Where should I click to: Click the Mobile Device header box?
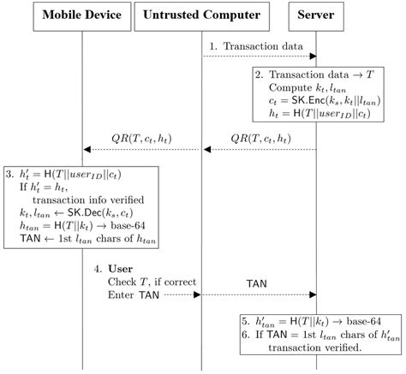click(x=82, y=15)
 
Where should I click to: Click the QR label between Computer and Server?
click(x=260, y=138)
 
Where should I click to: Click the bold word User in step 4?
click(x=121, y=269)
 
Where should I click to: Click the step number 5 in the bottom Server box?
click(x=246, y=323)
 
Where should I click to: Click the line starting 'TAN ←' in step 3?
click(x=77, y=234)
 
